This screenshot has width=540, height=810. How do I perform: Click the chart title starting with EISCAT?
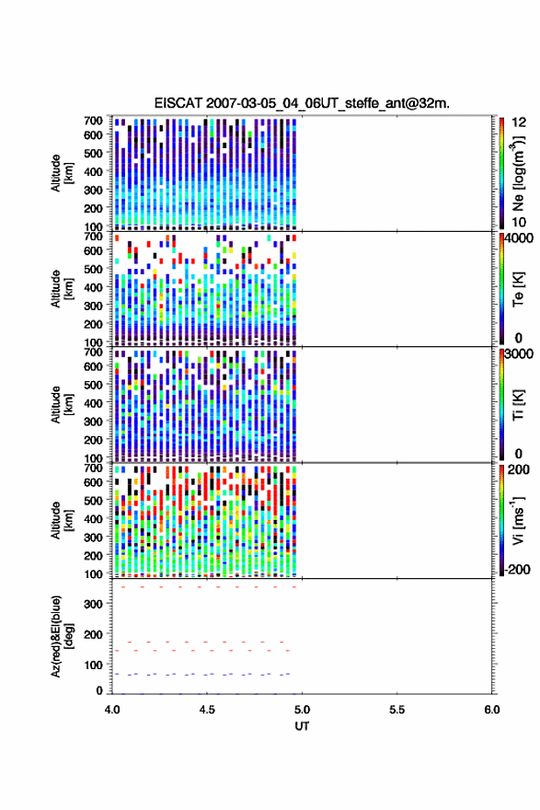pyautogui.click(x=302, y=103)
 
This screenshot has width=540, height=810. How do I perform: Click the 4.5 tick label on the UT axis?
pyautogui.click(x=207, y=710)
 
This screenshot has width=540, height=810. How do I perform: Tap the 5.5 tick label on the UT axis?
pyautogui.click(x=397, y=710)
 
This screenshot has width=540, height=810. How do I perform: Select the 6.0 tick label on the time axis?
pyautogui.click(x=492, y=710)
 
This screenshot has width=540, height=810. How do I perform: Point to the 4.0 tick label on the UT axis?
pyautogui.click(x=112, y=710)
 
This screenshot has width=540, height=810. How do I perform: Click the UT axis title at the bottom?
pyautogui.click(x=302, y=726)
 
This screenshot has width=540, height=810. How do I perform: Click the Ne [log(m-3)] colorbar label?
pyautogui.click(x=519, y=174)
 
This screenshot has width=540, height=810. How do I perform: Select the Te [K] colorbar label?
pyautogui.click(x=518, y=289)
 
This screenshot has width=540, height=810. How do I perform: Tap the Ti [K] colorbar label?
pyautogui.click(x=518, y=405)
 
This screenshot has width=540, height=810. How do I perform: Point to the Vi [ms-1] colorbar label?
pyautogui.click(x=519, y=521)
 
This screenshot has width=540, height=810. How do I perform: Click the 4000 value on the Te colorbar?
pyautogui.click(x=520, y=238)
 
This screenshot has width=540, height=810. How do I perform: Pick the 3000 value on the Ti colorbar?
pyautogui.click(x=520, y=354)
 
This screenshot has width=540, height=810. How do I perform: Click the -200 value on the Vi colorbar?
pyautogui.click(x=517, y=569)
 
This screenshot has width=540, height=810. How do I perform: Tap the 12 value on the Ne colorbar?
pyautogui.click(x=520, y=122)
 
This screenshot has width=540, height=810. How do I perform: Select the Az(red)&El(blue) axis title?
pyautogui.click(x=63, y=636)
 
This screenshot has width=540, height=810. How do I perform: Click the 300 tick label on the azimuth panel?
pyautogui.click(x=94, y=604)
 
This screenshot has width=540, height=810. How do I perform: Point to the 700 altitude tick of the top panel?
pyautogui.click(x=94, y=121)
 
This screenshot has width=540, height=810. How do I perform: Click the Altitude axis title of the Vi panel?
pyautogui.click(x=62, y=521)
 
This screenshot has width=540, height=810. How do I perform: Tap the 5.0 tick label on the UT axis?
pyautogui.click(x=302, y=710)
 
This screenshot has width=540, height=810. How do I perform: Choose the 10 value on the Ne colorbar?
pyautogui.click(x=519, y=222)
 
